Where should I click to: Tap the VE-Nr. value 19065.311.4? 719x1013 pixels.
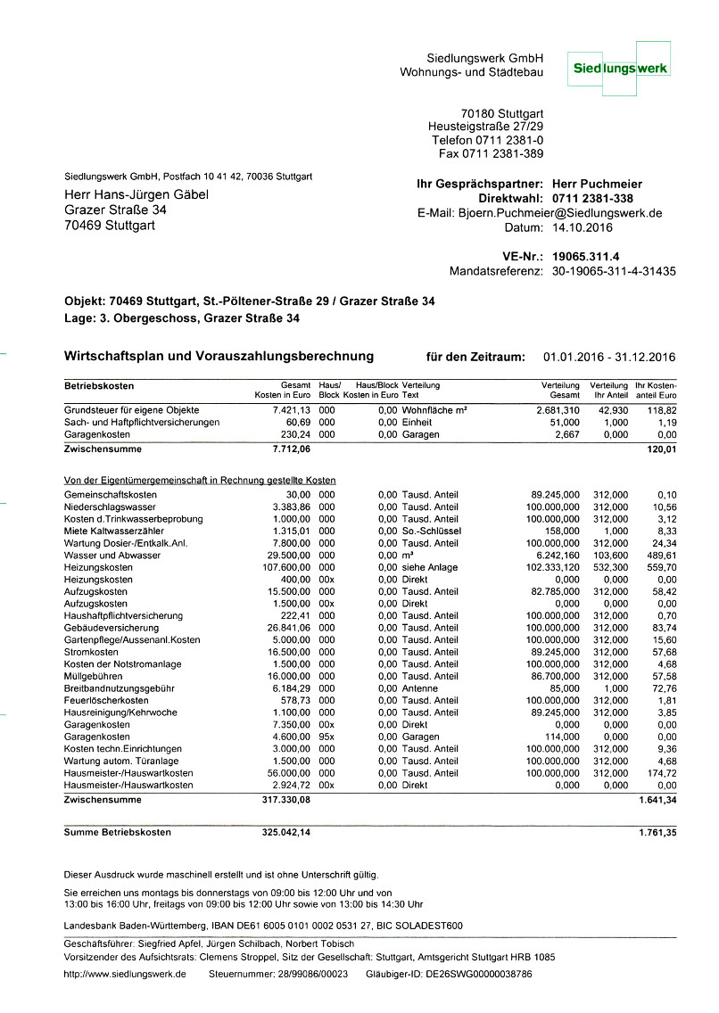[x=586, y=257]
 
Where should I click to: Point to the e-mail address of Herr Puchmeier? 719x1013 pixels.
[x=560, y=213]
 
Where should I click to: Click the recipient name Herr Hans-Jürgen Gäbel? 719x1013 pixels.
[x=136, y=194]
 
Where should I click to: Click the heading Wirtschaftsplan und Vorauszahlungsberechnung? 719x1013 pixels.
[x=219, y=357]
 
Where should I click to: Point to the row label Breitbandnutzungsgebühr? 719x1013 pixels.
[x=120, y=688]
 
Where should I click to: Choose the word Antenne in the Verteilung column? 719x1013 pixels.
[x=419, y=688]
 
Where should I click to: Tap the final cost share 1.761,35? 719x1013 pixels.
[x=658, y=833]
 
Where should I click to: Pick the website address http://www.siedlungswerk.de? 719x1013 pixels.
[x=125, y=975]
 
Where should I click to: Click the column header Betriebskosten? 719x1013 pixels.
[x=99, y=385]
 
